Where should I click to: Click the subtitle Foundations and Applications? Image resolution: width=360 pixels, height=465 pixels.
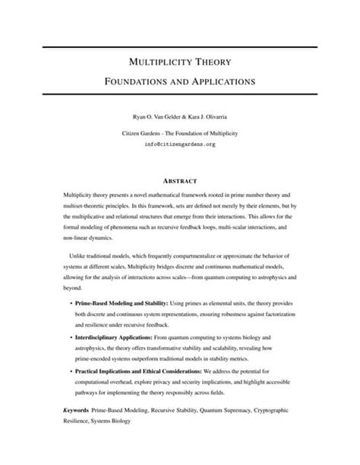179,79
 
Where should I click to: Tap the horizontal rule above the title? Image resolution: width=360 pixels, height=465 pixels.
179,46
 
